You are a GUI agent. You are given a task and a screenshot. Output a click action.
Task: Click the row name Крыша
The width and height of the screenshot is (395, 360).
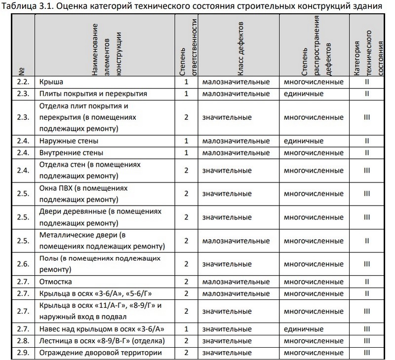tap(51, 81)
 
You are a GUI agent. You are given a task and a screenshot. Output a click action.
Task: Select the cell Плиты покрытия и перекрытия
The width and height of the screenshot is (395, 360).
tap(87, 93)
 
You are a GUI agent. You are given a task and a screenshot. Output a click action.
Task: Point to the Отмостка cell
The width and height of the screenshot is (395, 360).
tap(56, 282)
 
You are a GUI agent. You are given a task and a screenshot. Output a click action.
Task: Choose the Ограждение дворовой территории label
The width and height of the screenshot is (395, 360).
tap(100, 353)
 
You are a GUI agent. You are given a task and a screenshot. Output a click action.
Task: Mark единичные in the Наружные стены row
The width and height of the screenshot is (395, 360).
tap(304, 141)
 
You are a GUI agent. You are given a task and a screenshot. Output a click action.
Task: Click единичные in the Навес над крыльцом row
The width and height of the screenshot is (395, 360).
tap(304, 329)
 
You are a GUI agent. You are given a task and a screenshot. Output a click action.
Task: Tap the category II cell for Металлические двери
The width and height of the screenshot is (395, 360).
tap(367, 240)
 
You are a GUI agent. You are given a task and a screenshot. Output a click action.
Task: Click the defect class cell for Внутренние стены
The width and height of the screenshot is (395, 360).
tap(236, 153)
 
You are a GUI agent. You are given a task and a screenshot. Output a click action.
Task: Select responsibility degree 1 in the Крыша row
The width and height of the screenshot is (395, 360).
tap(187, 81)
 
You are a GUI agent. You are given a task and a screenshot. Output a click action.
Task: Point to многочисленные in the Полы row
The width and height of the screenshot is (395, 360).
tap(314, 264)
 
